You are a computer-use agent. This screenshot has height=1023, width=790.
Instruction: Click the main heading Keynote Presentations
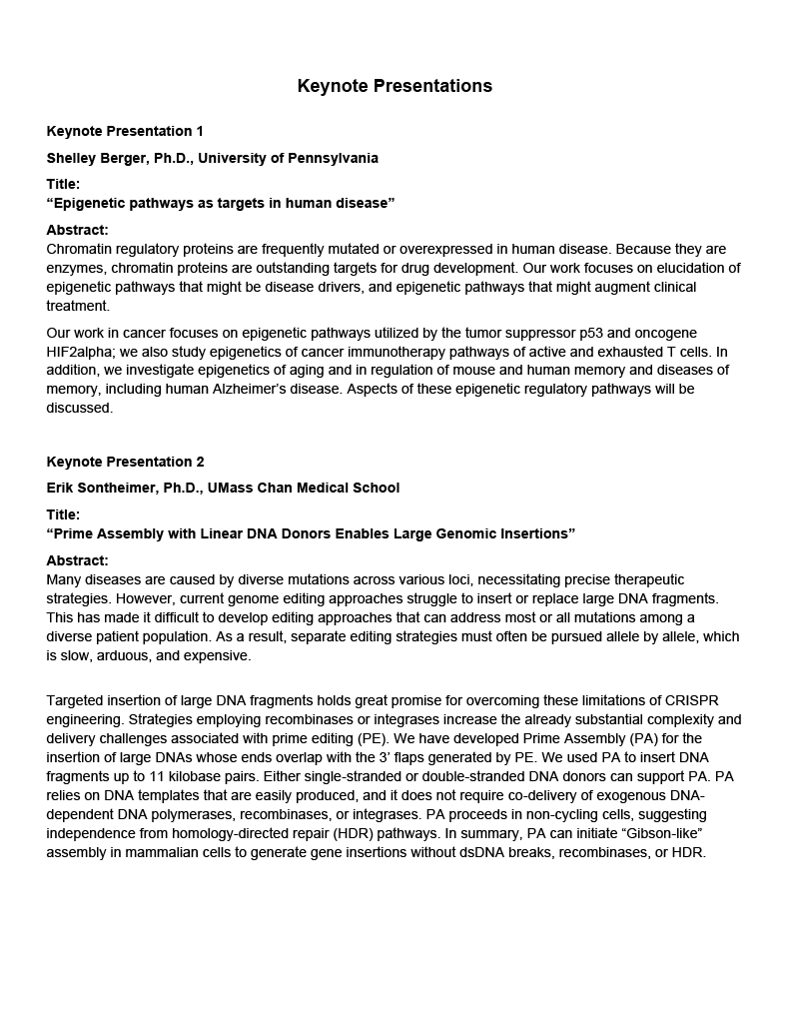tap(395, 86)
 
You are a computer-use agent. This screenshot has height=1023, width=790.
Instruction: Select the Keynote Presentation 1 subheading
tap(125, 131)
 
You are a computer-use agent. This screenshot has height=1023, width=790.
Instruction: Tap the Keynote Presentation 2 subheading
tap(125, 462)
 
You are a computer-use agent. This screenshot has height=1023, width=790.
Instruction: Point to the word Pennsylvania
tap(331, 158)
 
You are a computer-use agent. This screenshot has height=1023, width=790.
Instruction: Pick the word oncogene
tap(665, 333)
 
